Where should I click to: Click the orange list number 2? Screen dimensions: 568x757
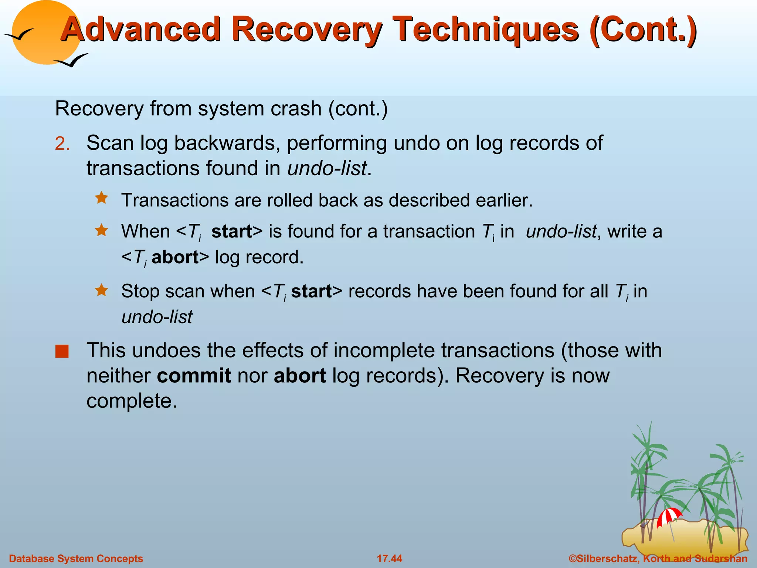(62, 144)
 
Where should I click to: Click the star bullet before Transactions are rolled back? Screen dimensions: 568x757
(101, 198)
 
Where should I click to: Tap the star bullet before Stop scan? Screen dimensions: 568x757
(101, 290)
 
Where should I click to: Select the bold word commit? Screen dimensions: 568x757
(194, 376)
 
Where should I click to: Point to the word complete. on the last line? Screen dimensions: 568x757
(132, 401)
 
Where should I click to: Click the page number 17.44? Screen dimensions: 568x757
(389, 558)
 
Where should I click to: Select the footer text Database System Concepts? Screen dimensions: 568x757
(76, 558)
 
